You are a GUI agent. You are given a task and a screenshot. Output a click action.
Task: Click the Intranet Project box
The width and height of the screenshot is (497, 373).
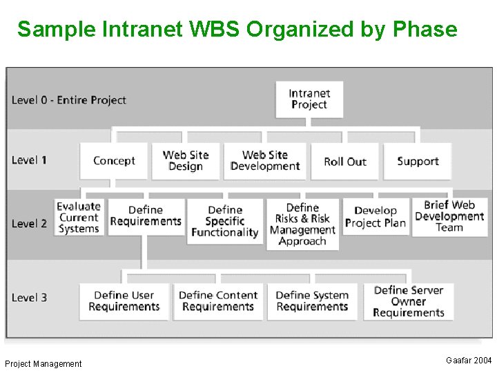click(309, 99)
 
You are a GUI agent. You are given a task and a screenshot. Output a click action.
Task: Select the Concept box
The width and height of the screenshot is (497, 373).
click(114, 161)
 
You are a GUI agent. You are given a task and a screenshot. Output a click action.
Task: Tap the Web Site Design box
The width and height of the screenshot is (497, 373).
click(186, 161)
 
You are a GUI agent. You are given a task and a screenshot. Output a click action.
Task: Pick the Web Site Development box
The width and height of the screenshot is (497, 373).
click(265, 161)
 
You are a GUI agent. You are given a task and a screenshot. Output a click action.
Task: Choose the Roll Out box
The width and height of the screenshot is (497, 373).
click(344, 161)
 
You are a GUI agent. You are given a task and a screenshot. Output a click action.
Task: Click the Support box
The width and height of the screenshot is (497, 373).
click(418, 161)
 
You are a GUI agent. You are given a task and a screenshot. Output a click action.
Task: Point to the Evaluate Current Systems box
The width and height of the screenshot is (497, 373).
click(79, 218)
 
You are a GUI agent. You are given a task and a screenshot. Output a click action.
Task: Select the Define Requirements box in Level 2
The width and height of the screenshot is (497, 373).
click(146, 216)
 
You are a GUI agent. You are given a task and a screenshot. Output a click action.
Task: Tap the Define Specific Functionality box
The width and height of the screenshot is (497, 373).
click(225, 221)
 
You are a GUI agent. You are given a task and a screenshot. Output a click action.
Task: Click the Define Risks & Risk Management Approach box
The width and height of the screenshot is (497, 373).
click(303, 224)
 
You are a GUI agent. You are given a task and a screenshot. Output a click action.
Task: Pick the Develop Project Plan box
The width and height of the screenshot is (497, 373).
click(376, 217)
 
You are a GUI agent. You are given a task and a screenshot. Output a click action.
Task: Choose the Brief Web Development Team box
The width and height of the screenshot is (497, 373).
click(449, 216)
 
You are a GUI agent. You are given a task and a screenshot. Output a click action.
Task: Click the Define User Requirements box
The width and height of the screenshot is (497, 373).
click(124, 301)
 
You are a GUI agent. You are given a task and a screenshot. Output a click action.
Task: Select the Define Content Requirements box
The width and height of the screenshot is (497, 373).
click(217, 301)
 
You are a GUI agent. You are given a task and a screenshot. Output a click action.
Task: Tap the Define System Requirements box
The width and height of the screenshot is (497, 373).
click(312, 301)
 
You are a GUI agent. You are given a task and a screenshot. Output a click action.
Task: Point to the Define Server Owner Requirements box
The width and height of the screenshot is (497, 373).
click(409, 301)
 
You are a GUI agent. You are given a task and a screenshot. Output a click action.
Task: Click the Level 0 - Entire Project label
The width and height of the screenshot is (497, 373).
click(69, 100)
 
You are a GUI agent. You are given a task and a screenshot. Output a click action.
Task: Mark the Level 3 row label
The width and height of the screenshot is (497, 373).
click(30, 298)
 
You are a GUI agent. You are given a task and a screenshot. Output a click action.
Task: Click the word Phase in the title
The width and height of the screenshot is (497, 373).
click(425, 30)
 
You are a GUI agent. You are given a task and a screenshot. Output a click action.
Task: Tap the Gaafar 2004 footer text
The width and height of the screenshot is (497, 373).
click(469, 361)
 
